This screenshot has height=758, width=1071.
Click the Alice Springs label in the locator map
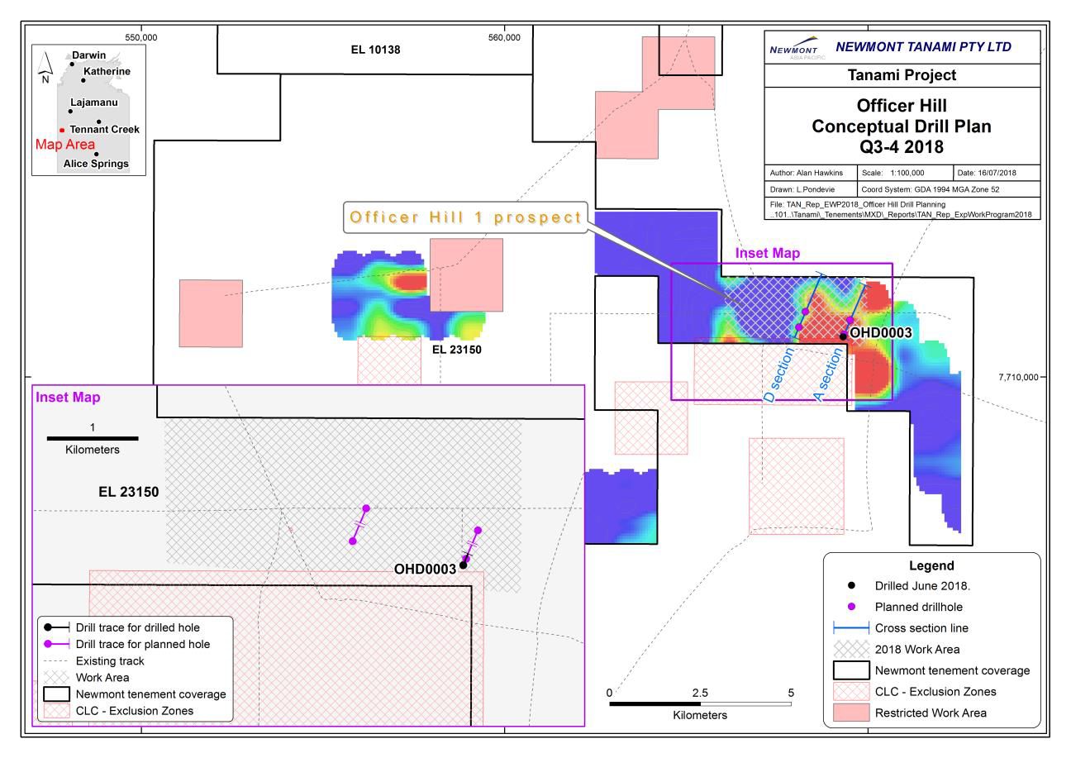click(x=96, y=164)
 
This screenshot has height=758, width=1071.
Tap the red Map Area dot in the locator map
click(x=62, y=130)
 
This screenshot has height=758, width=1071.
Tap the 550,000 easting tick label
click(x=141, y=37)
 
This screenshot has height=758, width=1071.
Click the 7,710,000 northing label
click(x=1021, y=377)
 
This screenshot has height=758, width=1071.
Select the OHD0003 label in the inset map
click(x=425, y=569)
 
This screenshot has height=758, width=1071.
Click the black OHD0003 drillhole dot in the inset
click(x=463, y=565)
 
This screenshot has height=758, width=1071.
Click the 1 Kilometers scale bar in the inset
click(x=93, y=438)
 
